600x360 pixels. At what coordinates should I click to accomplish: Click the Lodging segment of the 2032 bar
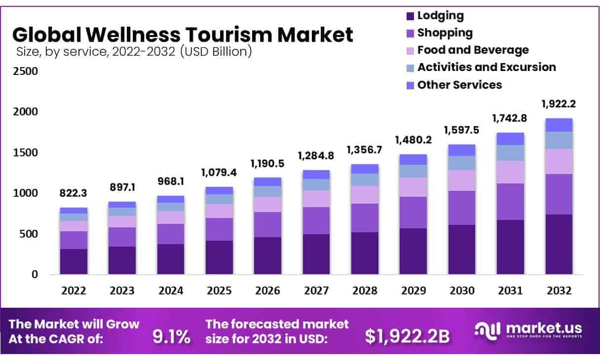pos(559,244)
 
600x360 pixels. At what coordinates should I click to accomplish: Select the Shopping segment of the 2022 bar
pos(74,240)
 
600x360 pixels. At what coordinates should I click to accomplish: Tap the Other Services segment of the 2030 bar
pos(461,150)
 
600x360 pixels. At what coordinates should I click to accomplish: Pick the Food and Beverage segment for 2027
pos(316,199)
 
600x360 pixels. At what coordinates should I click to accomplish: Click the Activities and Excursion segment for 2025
pos(219,199)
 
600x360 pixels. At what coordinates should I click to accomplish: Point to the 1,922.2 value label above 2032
pos(559,104)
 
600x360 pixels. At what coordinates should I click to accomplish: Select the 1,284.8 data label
pos(316,156)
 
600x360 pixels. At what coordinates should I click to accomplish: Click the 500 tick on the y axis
pos(28,234)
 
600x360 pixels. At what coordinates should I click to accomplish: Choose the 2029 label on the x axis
pos(413,291)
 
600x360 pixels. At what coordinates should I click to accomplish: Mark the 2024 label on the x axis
pos(171,291)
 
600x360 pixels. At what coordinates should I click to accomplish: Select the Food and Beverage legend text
pos(473,50)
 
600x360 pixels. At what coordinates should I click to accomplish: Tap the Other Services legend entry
pos(459,85)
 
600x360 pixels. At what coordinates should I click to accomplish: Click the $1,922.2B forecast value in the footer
pos(407,336)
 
